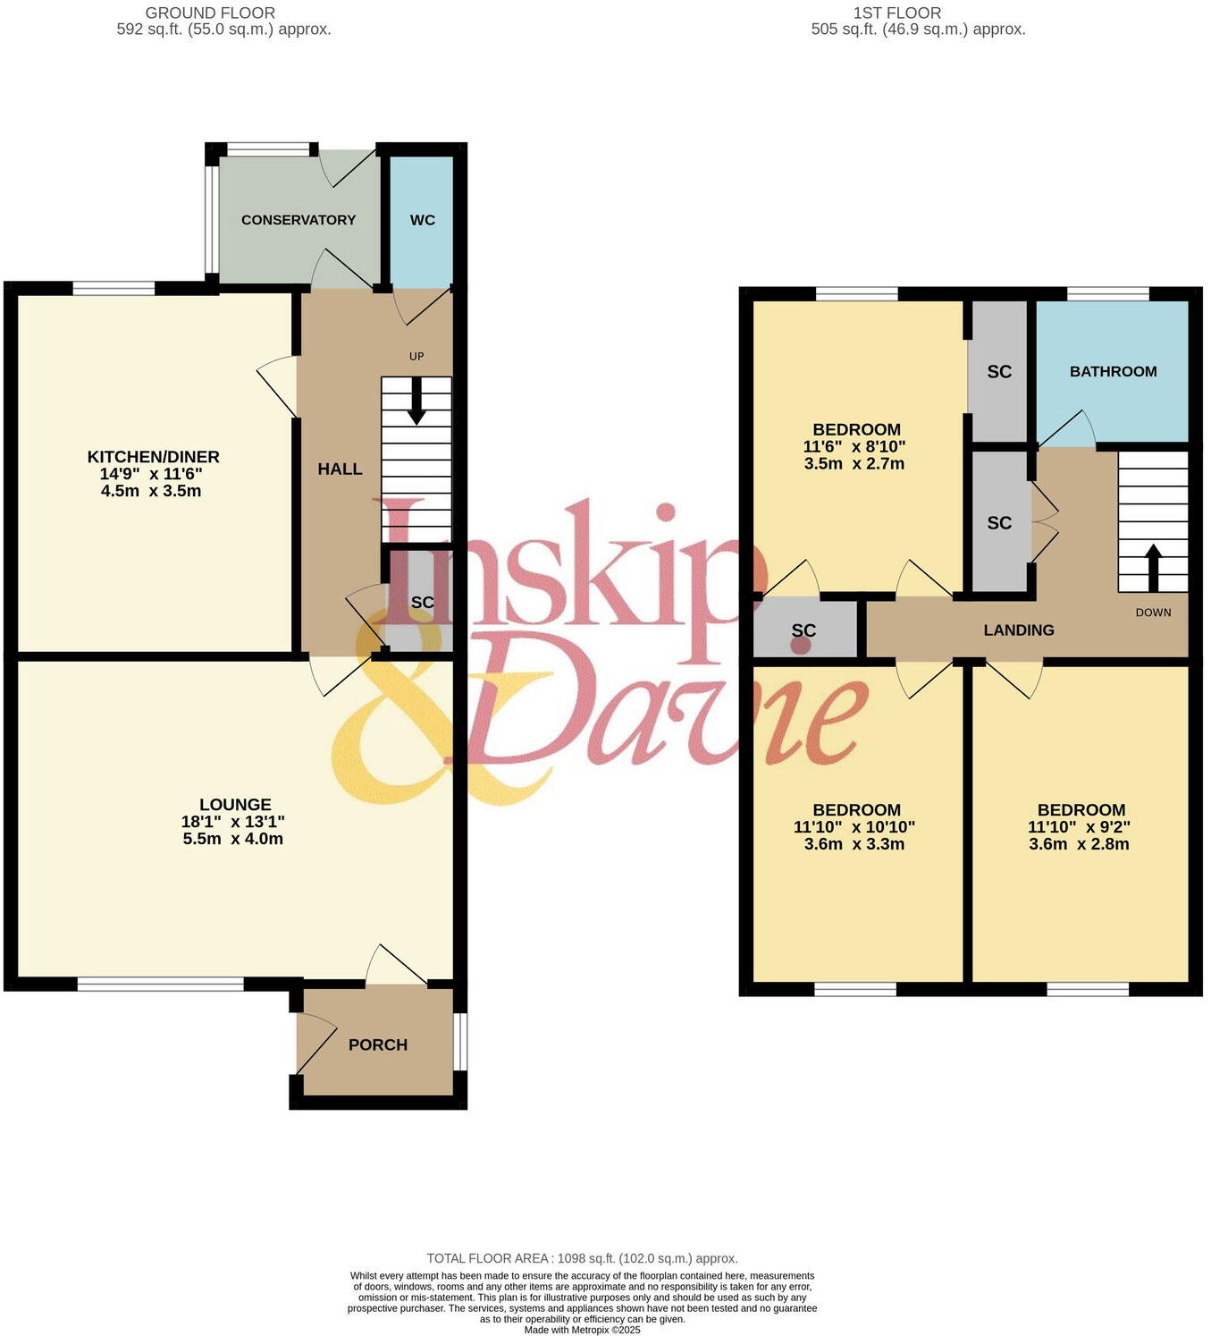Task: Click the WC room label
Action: click(422, 220)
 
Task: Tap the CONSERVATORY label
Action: click(299, 220)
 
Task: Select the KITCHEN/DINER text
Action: click(153, 457)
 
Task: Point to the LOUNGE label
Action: click(235, 805)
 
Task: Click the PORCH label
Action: click(378, 1044)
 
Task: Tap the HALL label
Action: click(340, 469)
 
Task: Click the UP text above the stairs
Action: click(416, 356)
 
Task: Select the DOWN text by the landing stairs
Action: click(1153, 613)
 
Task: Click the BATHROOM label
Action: click(1113, 371)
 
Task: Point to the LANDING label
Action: click(1019, 630)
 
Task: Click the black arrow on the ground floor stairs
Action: click(416, 402)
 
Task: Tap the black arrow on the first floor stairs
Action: click(1153, 567)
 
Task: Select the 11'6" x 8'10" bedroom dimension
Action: click(854, 447)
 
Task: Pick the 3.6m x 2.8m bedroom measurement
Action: click(1079, 844)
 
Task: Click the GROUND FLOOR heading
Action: click(210, 13)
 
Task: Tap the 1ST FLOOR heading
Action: click(896, 13)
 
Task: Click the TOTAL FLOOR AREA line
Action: click(582, 1258)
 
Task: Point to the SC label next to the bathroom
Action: click(999, 372)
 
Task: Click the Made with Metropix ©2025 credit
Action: click(582, 1330)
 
